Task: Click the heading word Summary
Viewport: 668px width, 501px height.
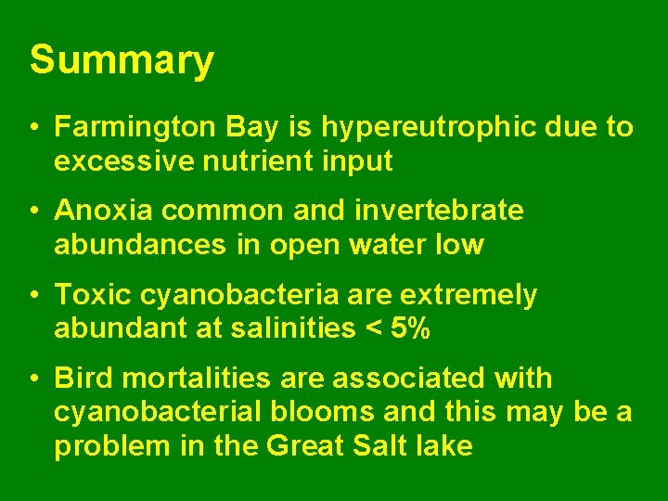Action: click(x=122, y=61)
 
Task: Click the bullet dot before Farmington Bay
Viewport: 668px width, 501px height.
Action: click(x=32, y=127)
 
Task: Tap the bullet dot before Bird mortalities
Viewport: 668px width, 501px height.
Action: click(x=32, y=379)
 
